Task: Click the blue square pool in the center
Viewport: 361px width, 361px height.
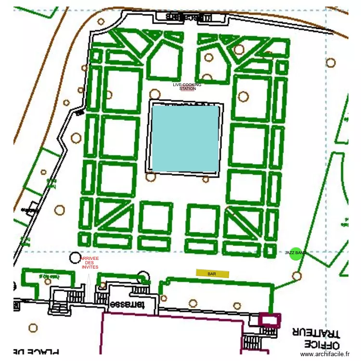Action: point(185,138)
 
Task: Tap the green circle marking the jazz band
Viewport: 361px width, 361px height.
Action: point(296,254)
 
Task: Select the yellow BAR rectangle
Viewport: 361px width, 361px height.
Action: point(212,273)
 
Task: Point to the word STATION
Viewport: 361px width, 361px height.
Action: point(187,89)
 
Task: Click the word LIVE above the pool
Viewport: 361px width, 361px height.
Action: point(178,85)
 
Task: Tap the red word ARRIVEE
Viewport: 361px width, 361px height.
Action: point(90,258)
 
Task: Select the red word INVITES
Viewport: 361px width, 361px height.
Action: point(90,267)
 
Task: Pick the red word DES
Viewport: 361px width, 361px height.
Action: point(90,263)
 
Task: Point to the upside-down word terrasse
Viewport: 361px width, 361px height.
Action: point(127,305)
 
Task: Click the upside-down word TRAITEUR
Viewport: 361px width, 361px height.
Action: point(316,332)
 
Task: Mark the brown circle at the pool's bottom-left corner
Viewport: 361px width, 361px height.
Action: point(151,176)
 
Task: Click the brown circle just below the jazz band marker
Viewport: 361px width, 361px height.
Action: point(297,276)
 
